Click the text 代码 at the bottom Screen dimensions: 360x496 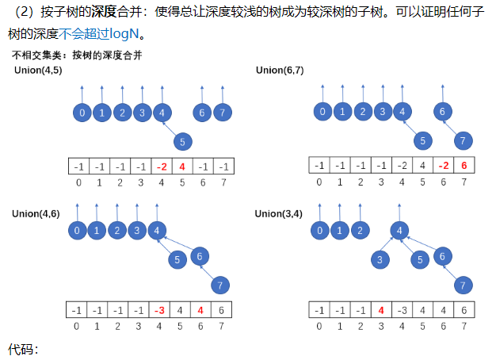point(21,349)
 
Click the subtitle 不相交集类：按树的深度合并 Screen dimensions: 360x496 point(77,56)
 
